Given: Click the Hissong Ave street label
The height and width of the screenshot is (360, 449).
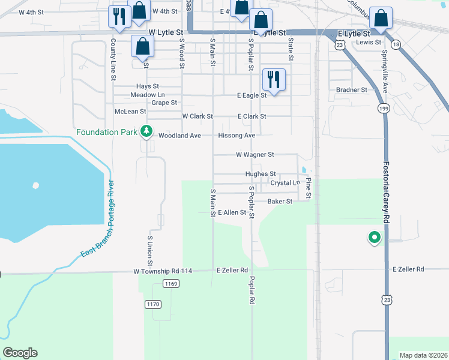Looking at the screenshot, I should tap(237, 136).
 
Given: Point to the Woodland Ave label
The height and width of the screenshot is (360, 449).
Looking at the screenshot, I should tap(179, 136).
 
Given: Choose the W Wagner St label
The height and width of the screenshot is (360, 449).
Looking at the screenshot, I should tap(255, 154).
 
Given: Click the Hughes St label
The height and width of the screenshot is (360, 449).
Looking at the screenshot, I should tap(261, 174).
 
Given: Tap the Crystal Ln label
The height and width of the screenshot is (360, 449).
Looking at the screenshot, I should tap(285, 182).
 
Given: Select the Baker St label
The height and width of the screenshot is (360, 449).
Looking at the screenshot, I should tap(280, 202).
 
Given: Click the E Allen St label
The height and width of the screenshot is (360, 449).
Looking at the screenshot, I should tap(232, 212).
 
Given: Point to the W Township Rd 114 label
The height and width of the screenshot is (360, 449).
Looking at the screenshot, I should tap(163, 271).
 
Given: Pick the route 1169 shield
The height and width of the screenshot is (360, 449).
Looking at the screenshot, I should tap(171, 283).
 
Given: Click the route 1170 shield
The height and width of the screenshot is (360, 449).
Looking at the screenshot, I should tap(153, 304).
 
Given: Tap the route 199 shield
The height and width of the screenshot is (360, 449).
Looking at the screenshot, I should tap(383, 108).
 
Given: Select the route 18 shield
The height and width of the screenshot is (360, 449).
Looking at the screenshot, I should tap(395, 45).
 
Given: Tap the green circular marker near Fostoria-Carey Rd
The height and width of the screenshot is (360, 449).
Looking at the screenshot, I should tap(375, 238).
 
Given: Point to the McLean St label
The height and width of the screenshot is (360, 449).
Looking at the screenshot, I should tap(130, 112).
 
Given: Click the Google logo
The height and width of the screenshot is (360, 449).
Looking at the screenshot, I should tap(20, 353).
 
